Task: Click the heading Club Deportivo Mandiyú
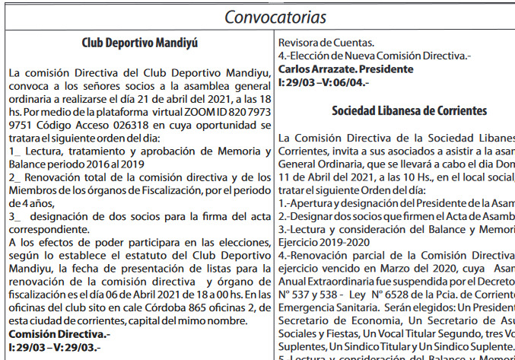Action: click(139, 43)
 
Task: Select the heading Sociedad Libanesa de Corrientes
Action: click(409, 110)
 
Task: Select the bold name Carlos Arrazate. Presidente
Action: click(346, 69)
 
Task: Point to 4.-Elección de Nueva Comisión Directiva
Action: click(364, 56)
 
